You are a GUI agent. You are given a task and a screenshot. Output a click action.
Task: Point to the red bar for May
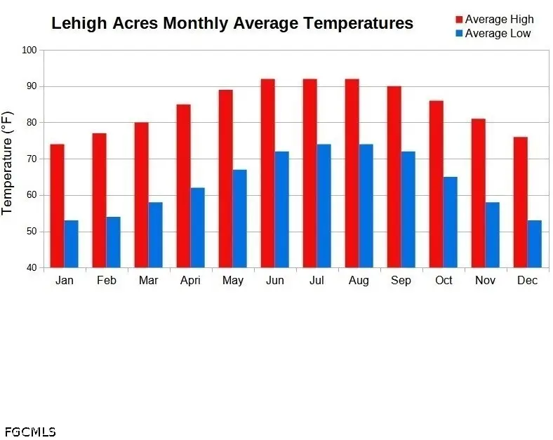click(x=225, y=178)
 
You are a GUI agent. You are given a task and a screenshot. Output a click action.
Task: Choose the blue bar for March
click(x=155, y=234)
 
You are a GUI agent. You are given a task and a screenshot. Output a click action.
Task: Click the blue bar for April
click(x=197, y=227)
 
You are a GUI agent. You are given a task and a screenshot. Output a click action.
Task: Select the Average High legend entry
click(x=499, y=19)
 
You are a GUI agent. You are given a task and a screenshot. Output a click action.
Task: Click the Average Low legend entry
click(x=498, y=33)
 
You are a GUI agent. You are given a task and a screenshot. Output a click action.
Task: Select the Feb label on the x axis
click(x=106, y=281)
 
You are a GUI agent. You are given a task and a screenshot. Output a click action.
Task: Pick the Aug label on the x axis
click(x=359, y=281)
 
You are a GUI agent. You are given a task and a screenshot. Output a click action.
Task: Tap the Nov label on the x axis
click(x=485, y=281)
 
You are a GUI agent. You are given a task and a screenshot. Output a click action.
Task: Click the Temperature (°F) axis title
click(x=8, y=162)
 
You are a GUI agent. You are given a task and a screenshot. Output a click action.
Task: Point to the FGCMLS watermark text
click(x=29, y=432)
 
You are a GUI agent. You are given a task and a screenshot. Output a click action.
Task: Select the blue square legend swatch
click(x=459, y=33)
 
